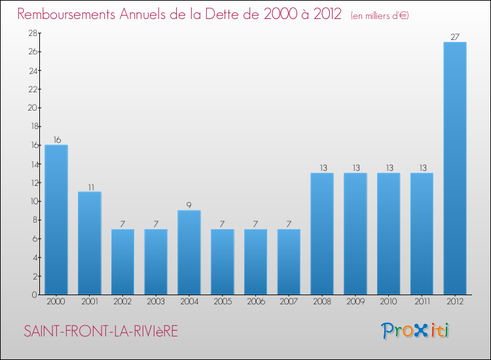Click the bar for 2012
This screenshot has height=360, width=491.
pos(455,168)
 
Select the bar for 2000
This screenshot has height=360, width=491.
pos(56,219)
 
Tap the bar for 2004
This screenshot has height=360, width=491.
pos(189,252)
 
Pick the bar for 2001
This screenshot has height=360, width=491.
pos(90,243)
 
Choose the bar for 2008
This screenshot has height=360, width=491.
pos(322,234)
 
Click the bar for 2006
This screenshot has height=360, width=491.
pos(256,262)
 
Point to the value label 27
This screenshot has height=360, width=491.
pos(455,37)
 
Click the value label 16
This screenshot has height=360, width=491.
pos(56,139)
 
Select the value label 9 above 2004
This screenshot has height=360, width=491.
pos(189,205)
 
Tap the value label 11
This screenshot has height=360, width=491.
pos(90,187)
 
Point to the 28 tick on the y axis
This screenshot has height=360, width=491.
pos(31,33)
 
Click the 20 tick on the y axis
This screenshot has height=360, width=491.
pos(31,108)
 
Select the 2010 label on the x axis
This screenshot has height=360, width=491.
pos(389,303)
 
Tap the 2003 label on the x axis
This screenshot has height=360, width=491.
pos(156,303)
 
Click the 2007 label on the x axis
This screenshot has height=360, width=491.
pos(289,303)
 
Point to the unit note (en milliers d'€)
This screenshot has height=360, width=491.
pos(380,15)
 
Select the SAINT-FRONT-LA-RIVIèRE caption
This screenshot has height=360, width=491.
pos(101,331)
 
